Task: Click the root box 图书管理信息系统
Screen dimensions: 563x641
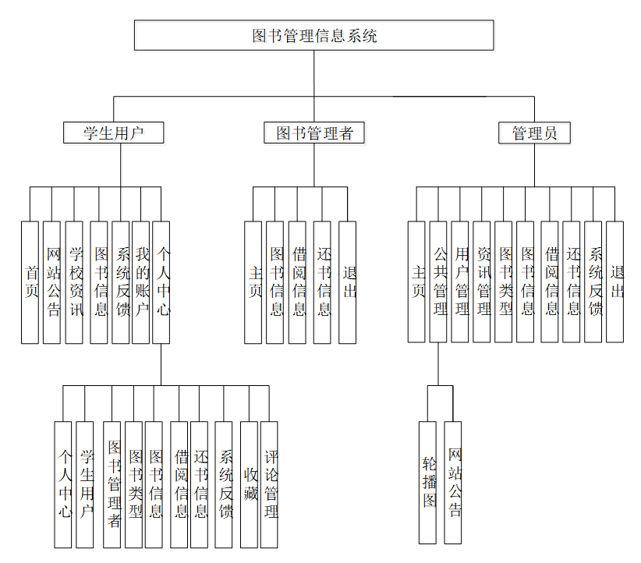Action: pyautogui.click(x=313, y=35)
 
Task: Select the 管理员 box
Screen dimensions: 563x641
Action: pyautogui.click(x=534, y=133)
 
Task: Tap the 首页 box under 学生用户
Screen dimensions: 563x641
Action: pyautogui.click(x=30, y=282)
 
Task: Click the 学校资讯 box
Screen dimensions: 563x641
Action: pyautogui.click(x=74, y=282)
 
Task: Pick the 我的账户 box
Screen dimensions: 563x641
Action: pyautogui.click(x=141, y=282)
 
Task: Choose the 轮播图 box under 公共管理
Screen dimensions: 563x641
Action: pyautogui.click(x=427, y=482)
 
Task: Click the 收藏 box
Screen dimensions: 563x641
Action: pyautogui.click(x=249, y=484)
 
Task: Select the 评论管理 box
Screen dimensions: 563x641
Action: pyautogui.click(x=270, y=484)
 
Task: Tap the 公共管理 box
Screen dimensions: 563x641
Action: pyautogui.click(x=438, y=282)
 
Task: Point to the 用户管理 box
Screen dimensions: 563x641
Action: pyautogui.click(x=460, y=282)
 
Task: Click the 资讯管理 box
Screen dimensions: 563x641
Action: pyautogui.click(x=482, y=282)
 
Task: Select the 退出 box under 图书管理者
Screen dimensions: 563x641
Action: pyautogui.click(x=348, y=282)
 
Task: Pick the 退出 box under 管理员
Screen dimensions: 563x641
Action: pyautogui.click(x=615, y=282)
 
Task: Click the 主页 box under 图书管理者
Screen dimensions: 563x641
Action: pyautogui.click(x=253, y=282)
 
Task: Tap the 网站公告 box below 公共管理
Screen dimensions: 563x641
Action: pyautogui.click(x=453, y=482)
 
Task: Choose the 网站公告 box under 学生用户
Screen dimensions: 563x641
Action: pyautogui.click(x=51, y=282)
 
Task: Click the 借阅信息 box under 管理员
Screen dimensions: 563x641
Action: pyautogui.click(x=550, y=282)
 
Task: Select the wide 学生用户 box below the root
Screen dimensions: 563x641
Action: pyautogui.click(x=114, y=133)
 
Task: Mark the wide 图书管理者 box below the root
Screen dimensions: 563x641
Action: pyautogui.click(x=314, y=133)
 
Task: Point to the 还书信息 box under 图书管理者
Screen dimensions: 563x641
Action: pyautogui.click(x=322, y=282)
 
